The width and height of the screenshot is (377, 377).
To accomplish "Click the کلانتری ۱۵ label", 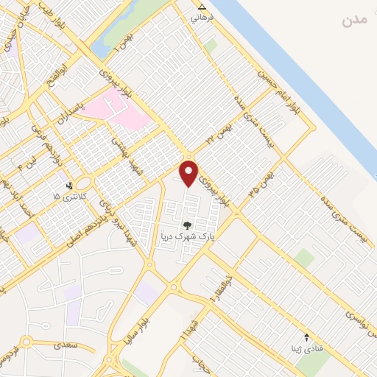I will tap(69, 197).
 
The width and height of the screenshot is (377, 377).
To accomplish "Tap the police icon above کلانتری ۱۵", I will tap(69, 186).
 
